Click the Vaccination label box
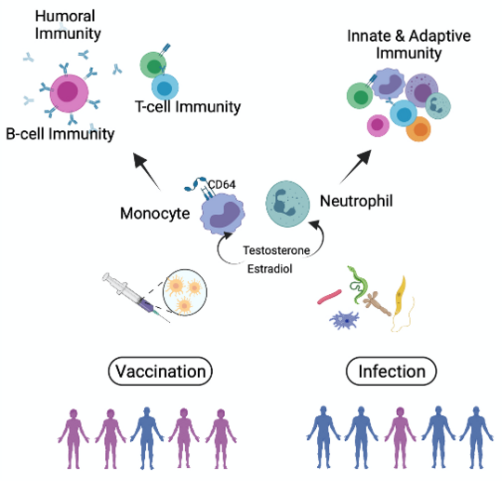click(159, 372)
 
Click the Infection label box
click(391, 372)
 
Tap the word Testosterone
click(276, 250)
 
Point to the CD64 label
click(222, 184)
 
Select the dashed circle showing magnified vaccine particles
click(189, 297)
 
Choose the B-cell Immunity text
click(58, 133)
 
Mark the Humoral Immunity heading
click(50, 25)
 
